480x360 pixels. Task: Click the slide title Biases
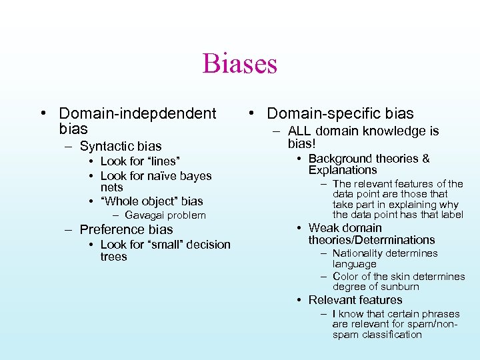(x=239, y=64)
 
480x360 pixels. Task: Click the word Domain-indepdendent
(x=138, y=114)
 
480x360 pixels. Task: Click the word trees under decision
(x=113, y=257)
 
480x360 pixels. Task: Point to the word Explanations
(x=343, y=170)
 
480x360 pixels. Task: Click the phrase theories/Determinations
(x=371, y=240)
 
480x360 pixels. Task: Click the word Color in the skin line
(x=345, y=276)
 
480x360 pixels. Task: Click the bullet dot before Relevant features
(x=301, y=300)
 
